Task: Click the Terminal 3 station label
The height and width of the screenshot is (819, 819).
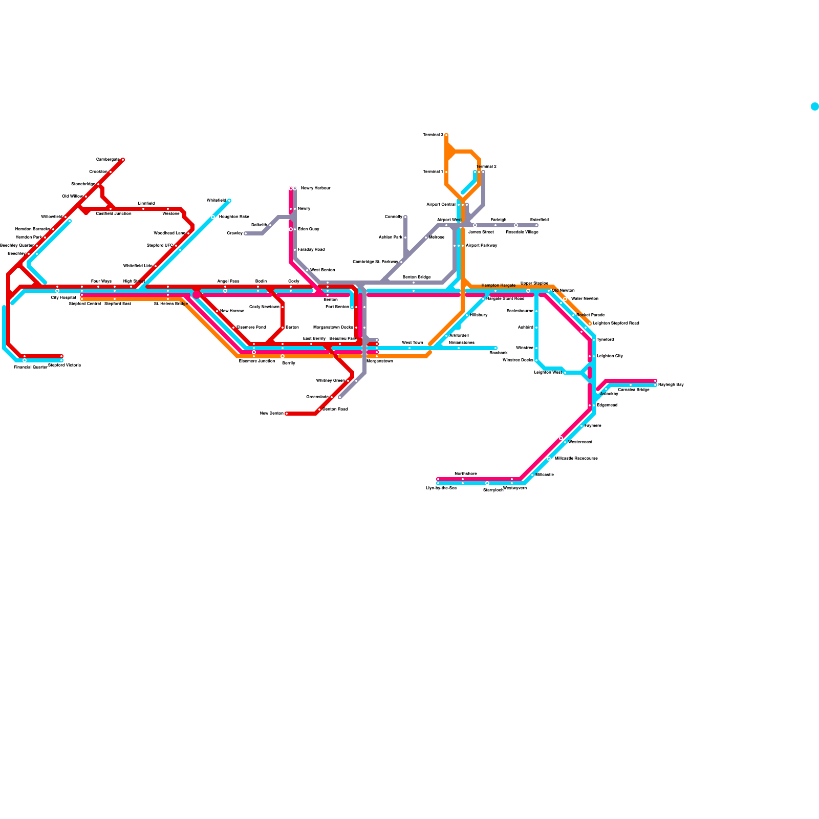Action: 433,135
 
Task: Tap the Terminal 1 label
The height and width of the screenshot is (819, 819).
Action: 433,172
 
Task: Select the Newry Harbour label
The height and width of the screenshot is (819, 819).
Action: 315,188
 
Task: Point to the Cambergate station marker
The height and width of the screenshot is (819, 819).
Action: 123,160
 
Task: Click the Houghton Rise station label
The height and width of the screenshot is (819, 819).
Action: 234,217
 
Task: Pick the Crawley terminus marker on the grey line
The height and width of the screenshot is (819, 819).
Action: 246,233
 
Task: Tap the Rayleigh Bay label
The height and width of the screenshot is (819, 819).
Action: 671,385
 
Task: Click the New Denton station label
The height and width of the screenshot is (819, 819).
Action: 272,414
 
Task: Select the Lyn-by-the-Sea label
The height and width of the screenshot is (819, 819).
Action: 441,488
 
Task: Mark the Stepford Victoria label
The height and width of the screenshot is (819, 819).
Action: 64,365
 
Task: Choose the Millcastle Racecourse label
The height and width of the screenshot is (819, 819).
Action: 576,459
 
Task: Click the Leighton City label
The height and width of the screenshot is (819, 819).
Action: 610,356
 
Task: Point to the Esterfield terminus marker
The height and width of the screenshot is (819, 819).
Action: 536,225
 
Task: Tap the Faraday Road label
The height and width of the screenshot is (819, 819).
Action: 311,250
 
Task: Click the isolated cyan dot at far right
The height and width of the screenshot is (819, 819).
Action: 815,106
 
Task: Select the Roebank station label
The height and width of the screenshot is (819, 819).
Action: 499,353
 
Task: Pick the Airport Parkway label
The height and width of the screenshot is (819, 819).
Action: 481,246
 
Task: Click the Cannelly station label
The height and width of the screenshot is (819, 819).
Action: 394,217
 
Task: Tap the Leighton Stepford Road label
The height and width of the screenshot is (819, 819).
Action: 616,324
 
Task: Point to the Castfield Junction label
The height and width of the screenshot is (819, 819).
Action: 114,214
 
